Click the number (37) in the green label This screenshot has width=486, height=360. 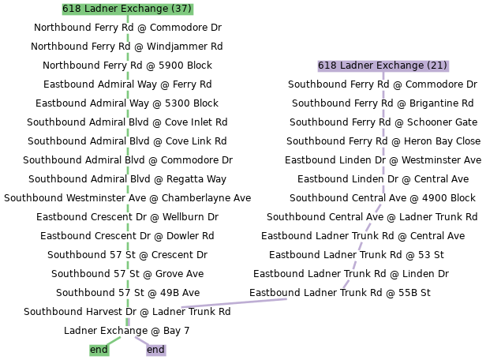coord(181,9)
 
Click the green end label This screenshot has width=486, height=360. coord(99,350)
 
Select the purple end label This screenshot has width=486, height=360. coord(155,350)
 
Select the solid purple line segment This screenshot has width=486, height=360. coord(234,302)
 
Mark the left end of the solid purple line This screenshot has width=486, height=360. coord(182,307)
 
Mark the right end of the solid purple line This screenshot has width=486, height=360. coord(286,298)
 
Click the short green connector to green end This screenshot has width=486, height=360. coord(115,340)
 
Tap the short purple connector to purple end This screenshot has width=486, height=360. coord(140,340)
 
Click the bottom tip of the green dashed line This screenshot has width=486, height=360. coord(128,324)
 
